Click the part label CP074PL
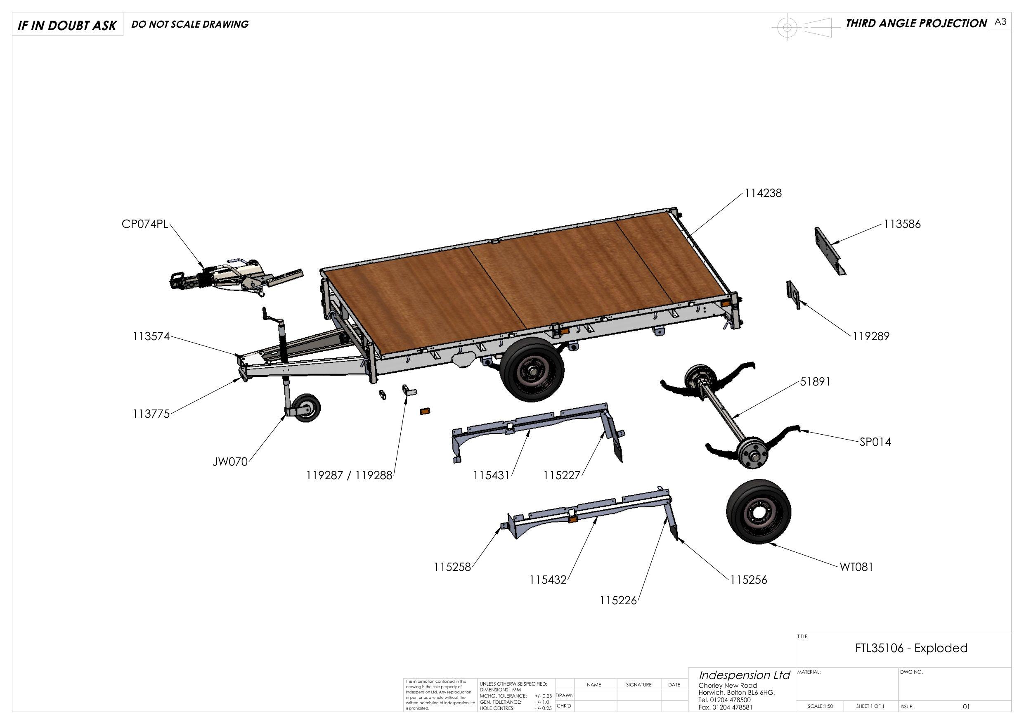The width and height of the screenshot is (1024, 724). [145, 224]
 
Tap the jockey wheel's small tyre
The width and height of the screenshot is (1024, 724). [306, 407]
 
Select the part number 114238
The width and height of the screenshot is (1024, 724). [763, 193]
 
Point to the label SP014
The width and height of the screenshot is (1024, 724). [875, 442]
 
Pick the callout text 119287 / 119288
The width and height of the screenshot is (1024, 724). [349, 476]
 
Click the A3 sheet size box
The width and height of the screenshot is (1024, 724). [1000, 22]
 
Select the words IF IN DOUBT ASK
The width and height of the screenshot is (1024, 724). [67, 26]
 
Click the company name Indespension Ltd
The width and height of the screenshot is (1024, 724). [744, 675]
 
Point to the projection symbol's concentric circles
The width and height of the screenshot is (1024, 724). [787, 28]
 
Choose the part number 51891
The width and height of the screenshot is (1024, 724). [815, 382]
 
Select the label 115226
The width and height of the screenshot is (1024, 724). [618, 601]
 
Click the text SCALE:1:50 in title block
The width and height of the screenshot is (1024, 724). [820, 706]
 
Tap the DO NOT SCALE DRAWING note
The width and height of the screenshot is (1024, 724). [190, 24]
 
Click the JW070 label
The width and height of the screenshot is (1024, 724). [229, 462]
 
